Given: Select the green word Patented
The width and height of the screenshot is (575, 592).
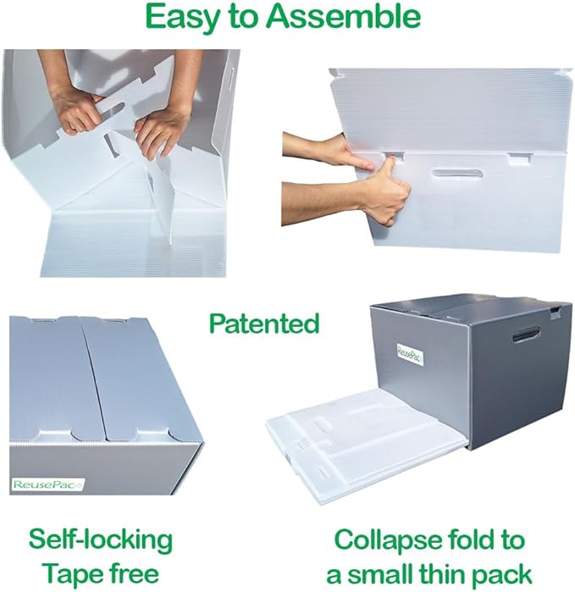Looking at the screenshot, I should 264,324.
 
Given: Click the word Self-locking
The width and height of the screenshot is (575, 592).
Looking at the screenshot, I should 100,539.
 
